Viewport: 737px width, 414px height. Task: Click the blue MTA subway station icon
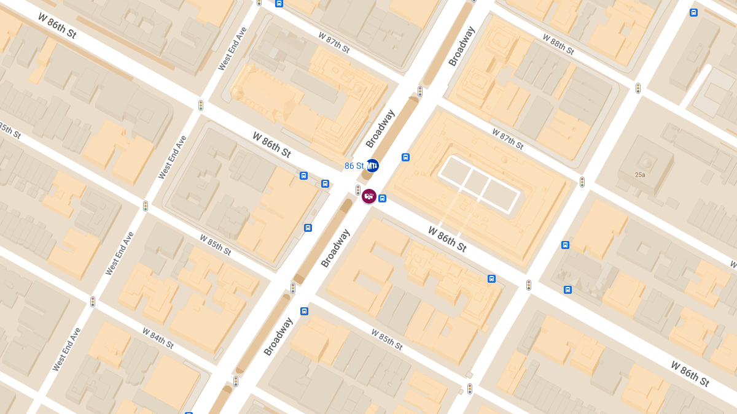tap(372, 166)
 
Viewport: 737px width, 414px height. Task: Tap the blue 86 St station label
tap(354, 166)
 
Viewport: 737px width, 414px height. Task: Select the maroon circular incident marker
tap(369, 196)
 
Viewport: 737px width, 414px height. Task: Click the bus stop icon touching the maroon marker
tap(382, 198)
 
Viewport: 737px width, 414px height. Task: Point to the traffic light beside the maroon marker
tap(358, 190)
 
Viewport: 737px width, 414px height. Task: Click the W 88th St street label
tap(558, 45)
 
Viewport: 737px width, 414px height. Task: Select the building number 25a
tap(640, 175)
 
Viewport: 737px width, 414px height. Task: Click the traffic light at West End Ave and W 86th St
tap(201, 105)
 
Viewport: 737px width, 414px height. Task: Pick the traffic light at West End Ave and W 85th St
tap(146, 206)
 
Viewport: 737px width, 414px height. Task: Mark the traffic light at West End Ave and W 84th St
tap(93, 302)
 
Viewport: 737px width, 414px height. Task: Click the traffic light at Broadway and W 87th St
tap(420, 91)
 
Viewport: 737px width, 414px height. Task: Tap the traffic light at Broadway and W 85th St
tap(293, 288)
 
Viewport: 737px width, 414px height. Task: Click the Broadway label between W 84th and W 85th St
tap(278, 336)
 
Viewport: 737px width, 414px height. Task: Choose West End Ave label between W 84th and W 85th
tap(66, 350)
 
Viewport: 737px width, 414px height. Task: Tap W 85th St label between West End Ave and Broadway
tap(215, 245)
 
